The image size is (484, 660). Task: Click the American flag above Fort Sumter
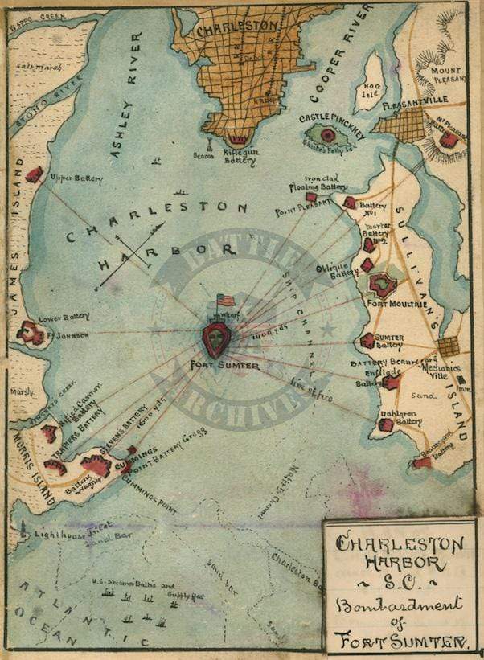(x=227, y=301)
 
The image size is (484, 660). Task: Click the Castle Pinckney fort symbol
(x=328, y=135)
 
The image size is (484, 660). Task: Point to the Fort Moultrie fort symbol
(x=380, y=284)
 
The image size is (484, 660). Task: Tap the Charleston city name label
(x=238, y=26)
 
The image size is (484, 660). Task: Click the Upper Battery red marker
(x=35, y=174)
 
